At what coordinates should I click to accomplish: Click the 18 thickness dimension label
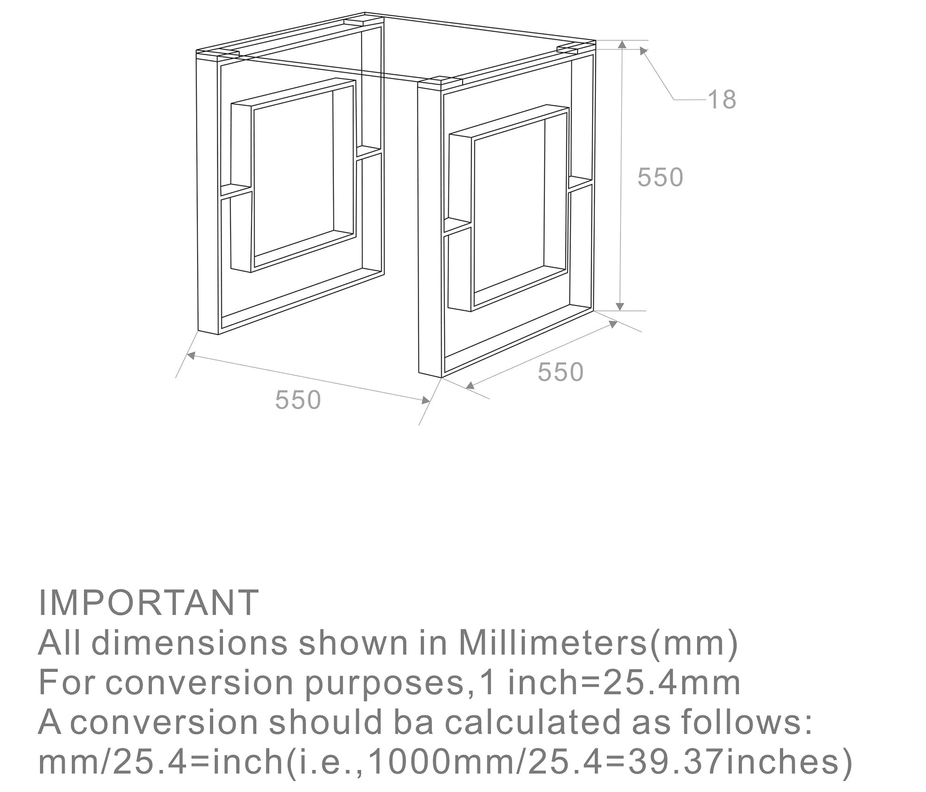(x=722, y=100)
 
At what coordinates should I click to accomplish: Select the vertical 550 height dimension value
(x=660, y=178)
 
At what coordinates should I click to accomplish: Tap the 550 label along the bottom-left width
(x=298, y=400)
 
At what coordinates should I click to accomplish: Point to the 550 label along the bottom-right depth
(x=561, y=372)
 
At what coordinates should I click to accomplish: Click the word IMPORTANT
(x=148, y=603)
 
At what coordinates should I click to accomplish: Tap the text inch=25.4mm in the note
(x=624, y=683)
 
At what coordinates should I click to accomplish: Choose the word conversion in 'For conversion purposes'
(x=199, y=683)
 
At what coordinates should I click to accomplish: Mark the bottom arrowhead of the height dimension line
(x=620, y=307)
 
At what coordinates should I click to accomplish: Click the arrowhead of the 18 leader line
(x=644, y=51)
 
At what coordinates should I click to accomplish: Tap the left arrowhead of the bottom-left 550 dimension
(x=190, y=355)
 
